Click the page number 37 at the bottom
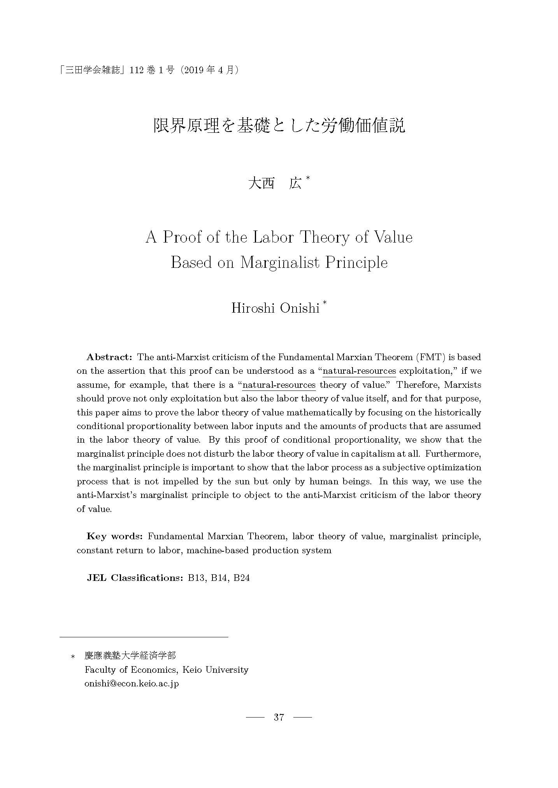279,717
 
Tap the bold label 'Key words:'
115,536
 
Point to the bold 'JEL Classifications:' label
135,577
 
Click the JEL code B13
196,577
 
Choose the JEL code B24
241,577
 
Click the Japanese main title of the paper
279,126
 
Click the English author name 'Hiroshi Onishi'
275,308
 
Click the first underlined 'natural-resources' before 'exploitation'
359,371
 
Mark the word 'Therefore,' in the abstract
417,385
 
